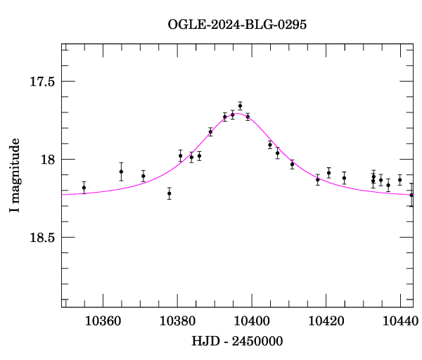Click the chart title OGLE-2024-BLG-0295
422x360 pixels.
(237, 25)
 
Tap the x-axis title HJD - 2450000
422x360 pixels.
(237, 342)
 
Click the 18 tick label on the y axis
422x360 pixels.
(48, 160)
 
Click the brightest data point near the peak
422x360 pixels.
(240, 105)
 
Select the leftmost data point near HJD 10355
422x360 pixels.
(84, 188)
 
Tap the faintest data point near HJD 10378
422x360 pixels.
(170, 193)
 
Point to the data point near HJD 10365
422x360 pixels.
(121, 172)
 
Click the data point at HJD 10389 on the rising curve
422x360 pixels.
(210, 131)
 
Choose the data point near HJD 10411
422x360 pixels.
(292, 165)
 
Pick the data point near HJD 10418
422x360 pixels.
(317, 179)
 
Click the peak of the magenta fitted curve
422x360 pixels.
(238, 113)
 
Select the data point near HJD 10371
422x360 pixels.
(143, 176)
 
